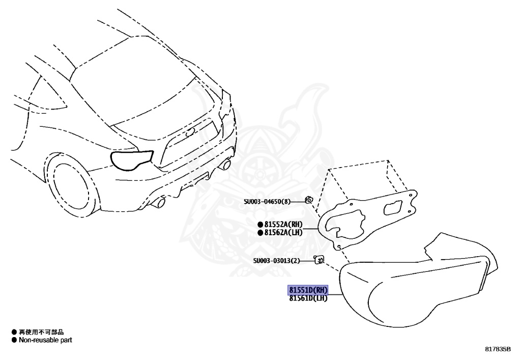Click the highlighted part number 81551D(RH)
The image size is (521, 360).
[x=308, y=290]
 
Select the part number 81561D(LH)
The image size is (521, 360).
[x=308, y=298]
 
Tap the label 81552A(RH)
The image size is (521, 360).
[x=283, y=224]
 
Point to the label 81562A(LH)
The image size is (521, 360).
[x=283, y=233]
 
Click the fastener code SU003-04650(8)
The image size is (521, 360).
[x=267, y=202]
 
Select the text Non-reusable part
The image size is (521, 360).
[x=45, y=340]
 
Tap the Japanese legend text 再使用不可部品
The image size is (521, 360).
[x=41, y=332]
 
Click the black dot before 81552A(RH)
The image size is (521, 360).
[x=260, y=224]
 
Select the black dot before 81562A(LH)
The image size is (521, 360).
[x=260, y=233]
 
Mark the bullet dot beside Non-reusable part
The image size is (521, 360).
[x=14, y=340]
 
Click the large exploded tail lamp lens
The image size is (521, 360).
[x=407, y=290]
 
